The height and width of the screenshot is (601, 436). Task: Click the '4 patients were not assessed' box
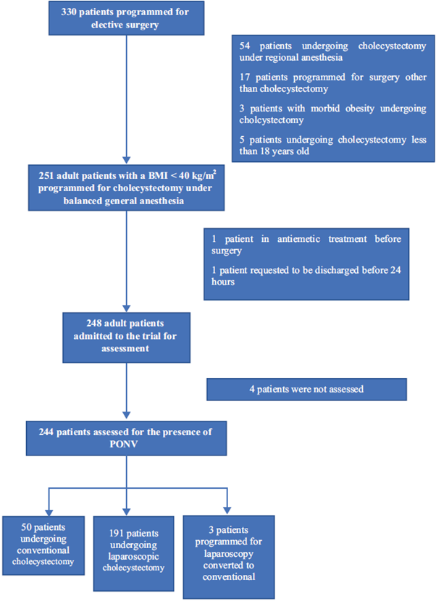click(x=306, y=389)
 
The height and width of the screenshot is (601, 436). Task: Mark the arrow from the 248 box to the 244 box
click(x=127, y=391)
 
